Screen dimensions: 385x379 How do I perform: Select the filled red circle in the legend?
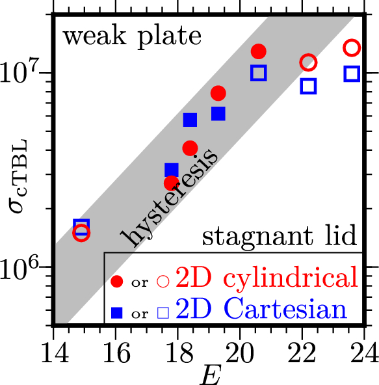(118, 282)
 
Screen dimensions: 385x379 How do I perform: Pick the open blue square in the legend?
(163, 312)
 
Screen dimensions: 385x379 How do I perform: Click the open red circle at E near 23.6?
(352, 47)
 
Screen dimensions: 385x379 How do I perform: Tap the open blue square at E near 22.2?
(308, 86)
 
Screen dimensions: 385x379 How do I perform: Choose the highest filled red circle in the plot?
(258, 51)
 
